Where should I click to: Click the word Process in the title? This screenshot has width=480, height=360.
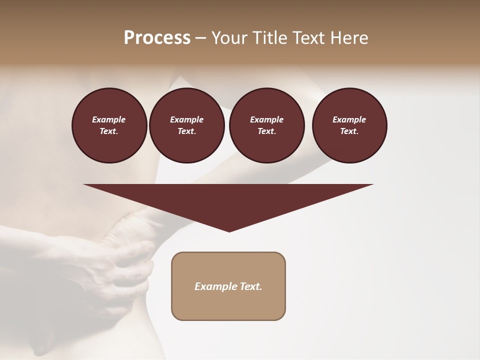[x=157, y=38]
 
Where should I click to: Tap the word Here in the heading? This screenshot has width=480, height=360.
[x=350, y=38]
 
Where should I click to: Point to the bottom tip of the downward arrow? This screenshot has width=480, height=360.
[x=229, y=231]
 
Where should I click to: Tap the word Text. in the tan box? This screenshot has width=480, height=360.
[x=250, y=286]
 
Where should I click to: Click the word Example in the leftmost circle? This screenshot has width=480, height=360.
[x=109, y=119]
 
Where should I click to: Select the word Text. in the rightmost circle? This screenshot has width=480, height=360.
[x=349, y=131]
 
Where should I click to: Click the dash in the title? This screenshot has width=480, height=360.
[x=200, y=38]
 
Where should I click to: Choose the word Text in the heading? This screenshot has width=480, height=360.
[x=307, y=38]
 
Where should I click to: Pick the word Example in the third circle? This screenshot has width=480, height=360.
[x=266, y=119]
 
